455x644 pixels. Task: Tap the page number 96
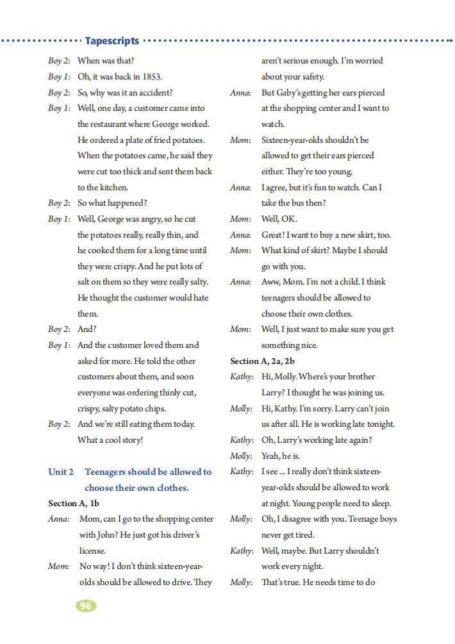click(x=86, y=605)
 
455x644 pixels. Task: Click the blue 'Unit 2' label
click(x=61, y=472)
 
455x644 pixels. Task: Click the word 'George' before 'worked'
click(x=167, y=124)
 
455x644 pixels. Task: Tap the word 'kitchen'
click(x=112, y=188)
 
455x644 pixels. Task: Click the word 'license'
click(x=92, y=550)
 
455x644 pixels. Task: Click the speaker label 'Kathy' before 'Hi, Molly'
click(x=240, y=377)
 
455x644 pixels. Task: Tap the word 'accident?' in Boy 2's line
click(x=152, y=93)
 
